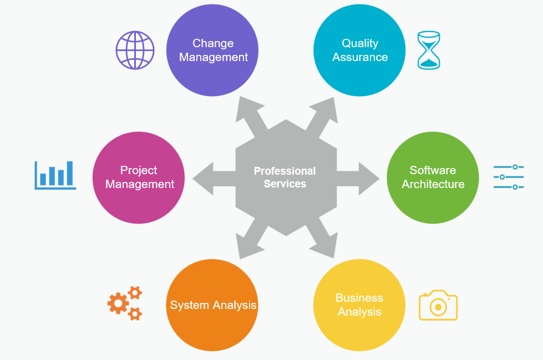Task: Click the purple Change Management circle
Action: tap(212, 50)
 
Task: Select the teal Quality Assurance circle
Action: tap(359, 50)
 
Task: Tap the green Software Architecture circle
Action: tap(433, 178)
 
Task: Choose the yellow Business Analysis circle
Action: tap(359, 305)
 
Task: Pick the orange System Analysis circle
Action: tap(212, 305)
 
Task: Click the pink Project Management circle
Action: tap(139, 178)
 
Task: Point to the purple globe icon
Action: tap(135, 50)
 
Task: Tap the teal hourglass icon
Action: tap(428, 50)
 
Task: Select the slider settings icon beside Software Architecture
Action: tap(509, 177)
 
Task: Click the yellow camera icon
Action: tap(438, 305)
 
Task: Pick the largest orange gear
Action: tap(118, 303)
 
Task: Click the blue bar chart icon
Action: tap(55, 175)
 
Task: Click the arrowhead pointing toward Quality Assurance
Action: tap(327, 108)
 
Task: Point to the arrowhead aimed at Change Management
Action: tap(244, 108)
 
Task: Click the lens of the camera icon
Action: tap(438, 307)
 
